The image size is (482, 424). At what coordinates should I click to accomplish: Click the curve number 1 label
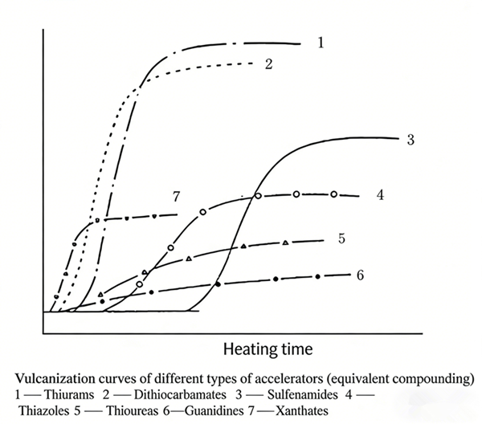point(320,42)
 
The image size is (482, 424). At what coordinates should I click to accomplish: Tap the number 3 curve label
point(410,140)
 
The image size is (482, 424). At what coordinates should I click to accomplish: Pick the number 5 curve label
point(341,238)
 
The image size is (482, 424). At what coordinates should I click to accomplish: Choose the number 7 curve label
point(175,196)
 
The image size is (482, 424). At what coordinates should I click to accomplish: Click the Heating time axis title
point(268,350)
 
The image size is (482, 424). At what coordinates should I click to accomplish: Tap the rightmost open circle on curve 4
point(334,194)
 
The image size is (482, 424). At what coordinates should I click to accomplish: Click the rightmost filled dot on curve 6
point(318,277)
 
